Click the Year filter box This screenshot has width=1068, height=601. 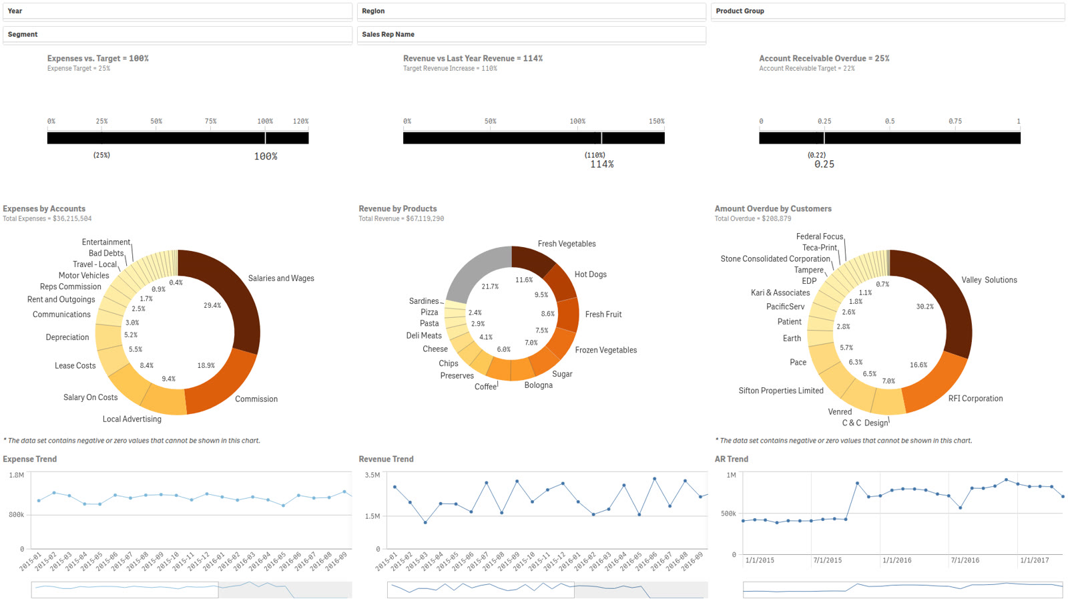178,11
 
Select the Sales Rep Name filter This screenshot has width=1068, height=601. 531,34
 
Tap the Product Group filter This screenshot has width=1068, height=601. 887,11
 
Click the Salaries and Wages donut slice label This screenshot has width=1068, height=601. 281,278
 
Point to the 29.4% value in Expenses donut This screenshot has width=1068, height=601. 212,305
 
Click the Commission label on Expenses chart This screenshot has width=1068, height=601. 256,399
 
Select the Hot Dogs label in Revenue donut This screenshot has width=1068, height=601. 590,274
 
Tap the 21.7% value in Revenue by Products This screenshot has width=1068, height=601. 490,286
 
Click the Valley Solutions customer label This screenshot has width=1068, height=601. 989,280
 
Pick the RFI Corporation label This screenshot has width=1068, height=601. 975,398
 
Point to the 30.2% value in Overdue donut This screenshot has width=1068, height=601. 924,307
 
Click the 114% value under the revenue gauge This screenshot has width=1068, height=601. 601,164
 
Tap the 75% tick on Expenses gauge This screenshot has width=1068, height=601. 210,121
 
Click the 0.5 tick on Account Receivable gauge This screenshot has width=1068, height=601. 890,121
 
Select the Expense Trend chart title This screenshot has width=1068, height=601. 29,459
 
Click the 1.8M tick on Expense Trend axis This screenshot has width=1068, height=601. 16,475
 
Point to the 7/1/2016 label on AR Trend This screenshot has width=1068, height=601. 965,560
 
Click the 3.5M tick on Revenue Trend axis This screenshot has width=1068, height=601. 372,475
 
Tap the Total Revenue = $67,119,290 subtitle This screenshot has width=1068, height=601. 401,218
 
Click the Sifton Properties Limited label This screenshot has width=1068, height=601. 781,391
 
